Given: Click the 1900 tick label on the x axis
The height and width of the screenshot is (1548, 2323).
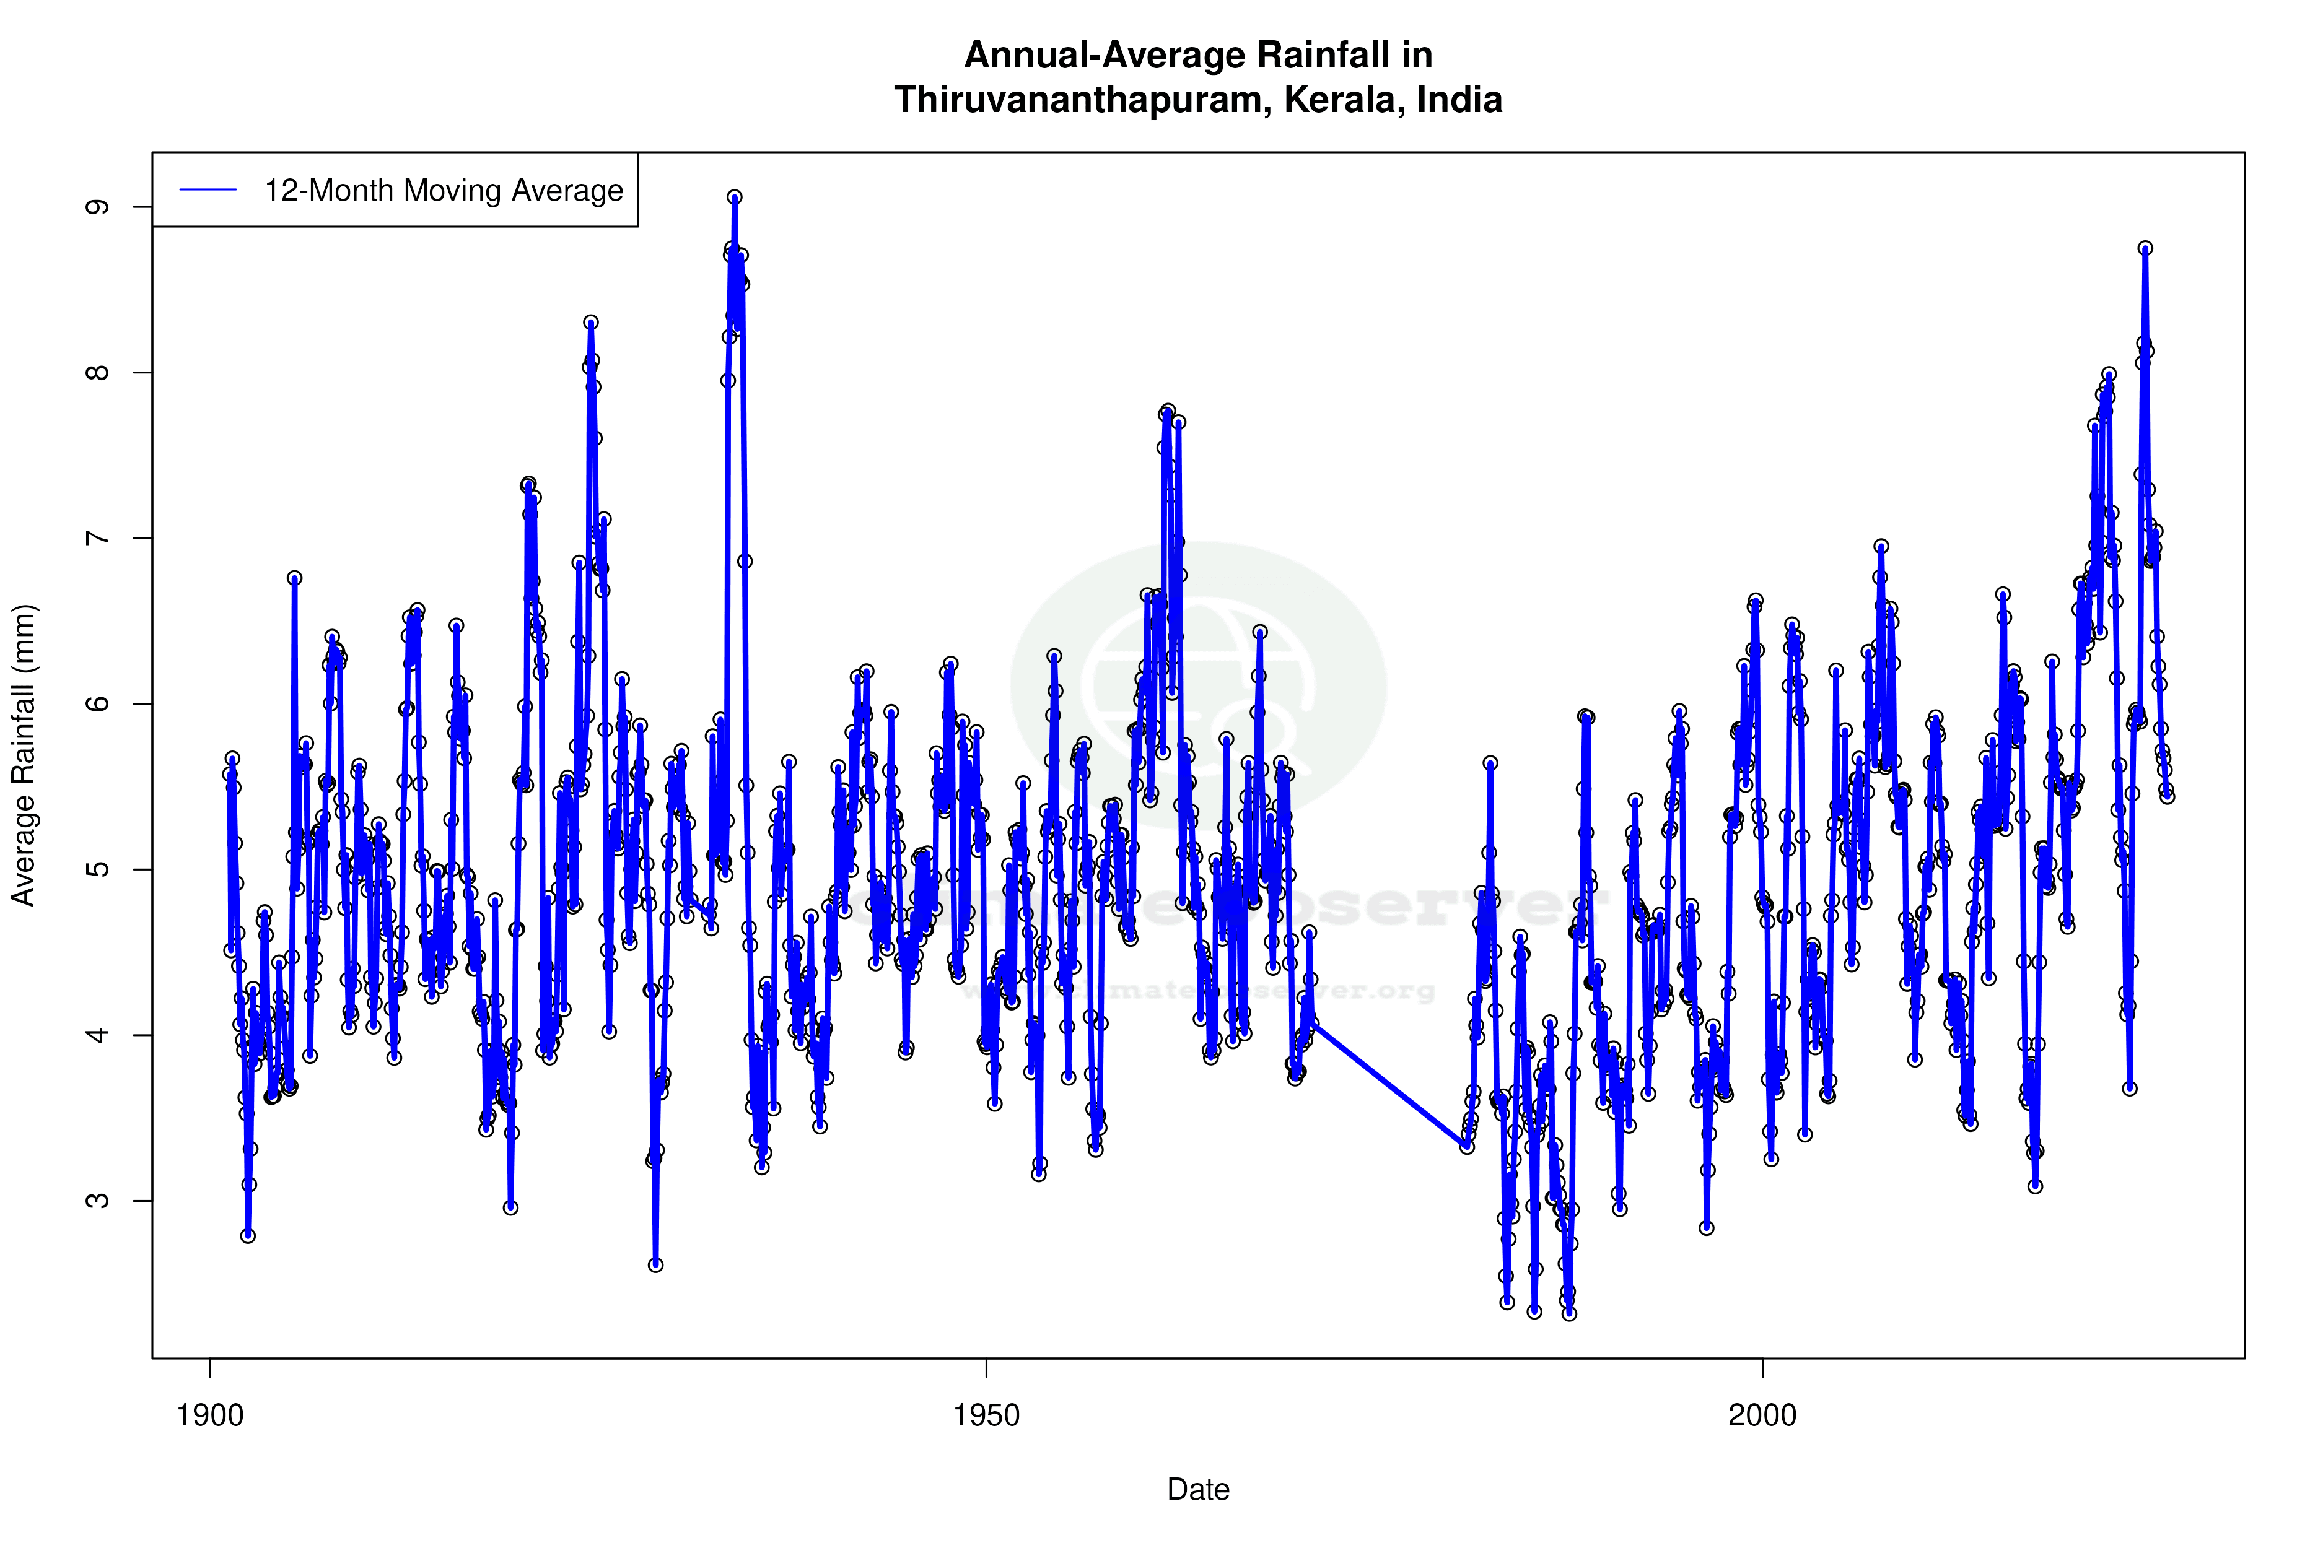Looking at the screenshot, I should pos(209,1415).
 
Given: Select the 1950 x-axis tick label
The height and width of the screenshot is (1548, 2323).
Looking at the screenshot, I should pos(986,1415).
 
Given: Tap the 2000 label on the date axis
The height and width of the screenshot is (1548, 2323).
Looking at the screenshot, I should pos(1762,1415).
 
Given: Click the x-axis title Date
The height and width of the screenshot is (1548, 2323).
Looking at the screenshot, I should pos(1198,1490).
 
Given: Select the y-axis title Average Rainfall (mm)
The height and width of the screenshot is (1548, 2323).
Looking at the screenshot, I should pos(23,755).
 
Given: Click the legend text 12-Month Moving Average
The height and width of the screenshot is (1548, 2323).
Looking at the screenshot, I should pos(444,191).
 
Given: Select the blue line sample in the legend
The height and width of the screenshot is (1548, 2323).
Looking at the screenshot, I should pos(208,191).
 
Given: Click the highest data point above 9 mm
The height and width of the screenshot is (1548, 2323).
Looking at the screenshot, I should pos(735,198).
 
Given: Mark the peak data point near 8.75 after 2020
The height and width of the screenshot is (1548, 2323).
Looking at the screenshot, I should pos(2145,249).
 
